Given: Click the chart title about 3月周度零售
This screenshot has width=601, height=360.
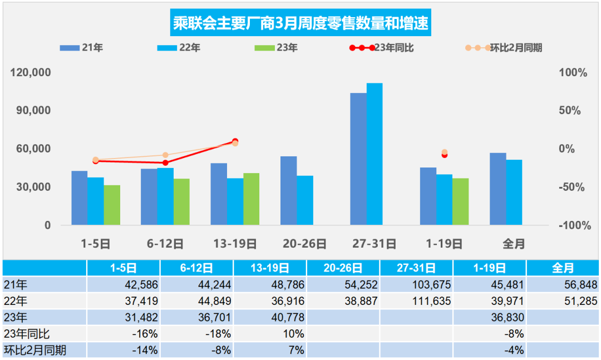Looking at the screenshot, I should point(300,24).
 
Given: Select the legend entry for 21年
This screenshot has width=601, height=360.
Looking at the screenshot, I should point(81,48).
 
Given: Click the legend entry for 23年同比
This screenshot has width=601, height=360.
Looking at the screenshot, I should point(378,48).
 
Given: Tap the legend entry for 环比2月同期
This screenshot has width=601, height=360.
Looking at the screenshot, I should point(503,48).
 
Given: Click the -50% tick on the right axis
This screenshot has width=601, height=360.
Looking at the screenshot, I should point(572,187).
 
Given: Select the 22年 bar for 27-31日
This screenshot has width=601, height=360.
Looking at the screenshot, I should point(375,154).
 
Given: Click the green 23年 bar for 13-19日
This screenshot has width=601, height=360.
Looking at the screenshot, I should point(251,199).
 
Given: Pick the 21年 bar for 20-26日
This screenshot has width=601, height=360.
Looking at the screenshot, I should point(288,191).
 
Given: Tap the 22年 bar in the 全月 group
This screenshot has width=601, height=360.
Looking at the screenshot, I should point(514,193).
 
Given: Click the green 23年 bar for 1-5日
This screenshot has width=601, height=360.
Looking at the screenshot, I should point(112,205).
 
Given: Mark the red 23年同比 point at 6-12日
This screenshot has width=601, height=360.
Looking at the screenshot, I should point(165,162).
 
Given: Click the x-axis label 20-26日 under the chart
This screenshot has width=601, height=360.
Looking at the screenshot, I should point(304,244).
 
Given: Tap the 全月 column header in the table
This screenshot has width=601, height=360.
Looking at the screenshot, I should point(563,268).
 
